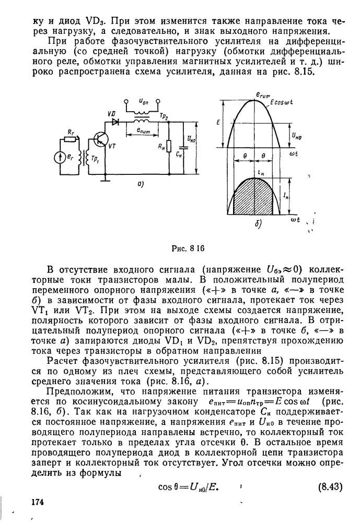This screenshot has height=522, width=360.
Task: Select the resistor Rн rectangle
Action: pyautogui.click(x=169, y=146)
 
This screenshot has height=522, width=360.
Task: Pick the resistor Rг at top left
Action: pyautogui.click(x=69, y=140)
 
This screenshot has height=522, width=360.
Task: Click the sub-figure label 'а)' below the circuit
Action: pyautogui.click(x=141, y=184)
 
